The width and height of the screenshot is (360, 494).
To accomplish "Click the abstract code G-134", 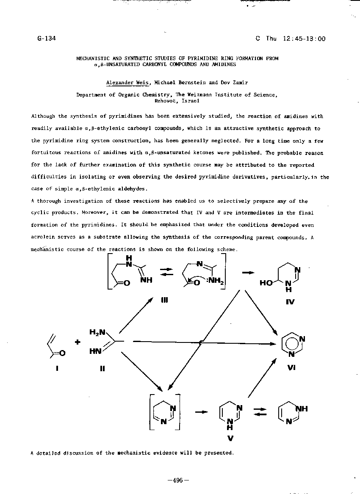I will (x=47, y=39).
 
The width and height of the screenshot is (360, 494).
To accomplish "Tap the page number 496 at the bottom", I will (x=178, y=480).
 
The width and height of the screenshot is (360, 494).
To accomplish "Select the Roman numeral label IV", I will (x=290, y=301).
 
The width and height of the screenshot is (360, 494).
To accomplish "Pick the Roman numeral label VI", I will (x=291, y=367).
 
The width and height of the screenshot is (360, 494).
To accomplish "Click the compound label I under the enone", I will (x=57, y=368).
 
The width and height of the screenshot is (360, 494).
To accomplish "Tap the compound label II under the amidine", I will (x=102, y=368).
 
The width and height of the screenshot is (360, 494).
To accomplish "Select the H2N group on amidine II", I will (x=97, y=332).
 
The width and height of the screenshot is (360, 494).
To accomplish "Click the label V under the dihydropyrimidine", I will (x=230, y=438).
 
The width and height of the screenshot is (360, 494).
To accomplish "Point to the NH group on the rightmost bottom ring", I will (x=301, y=408).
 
